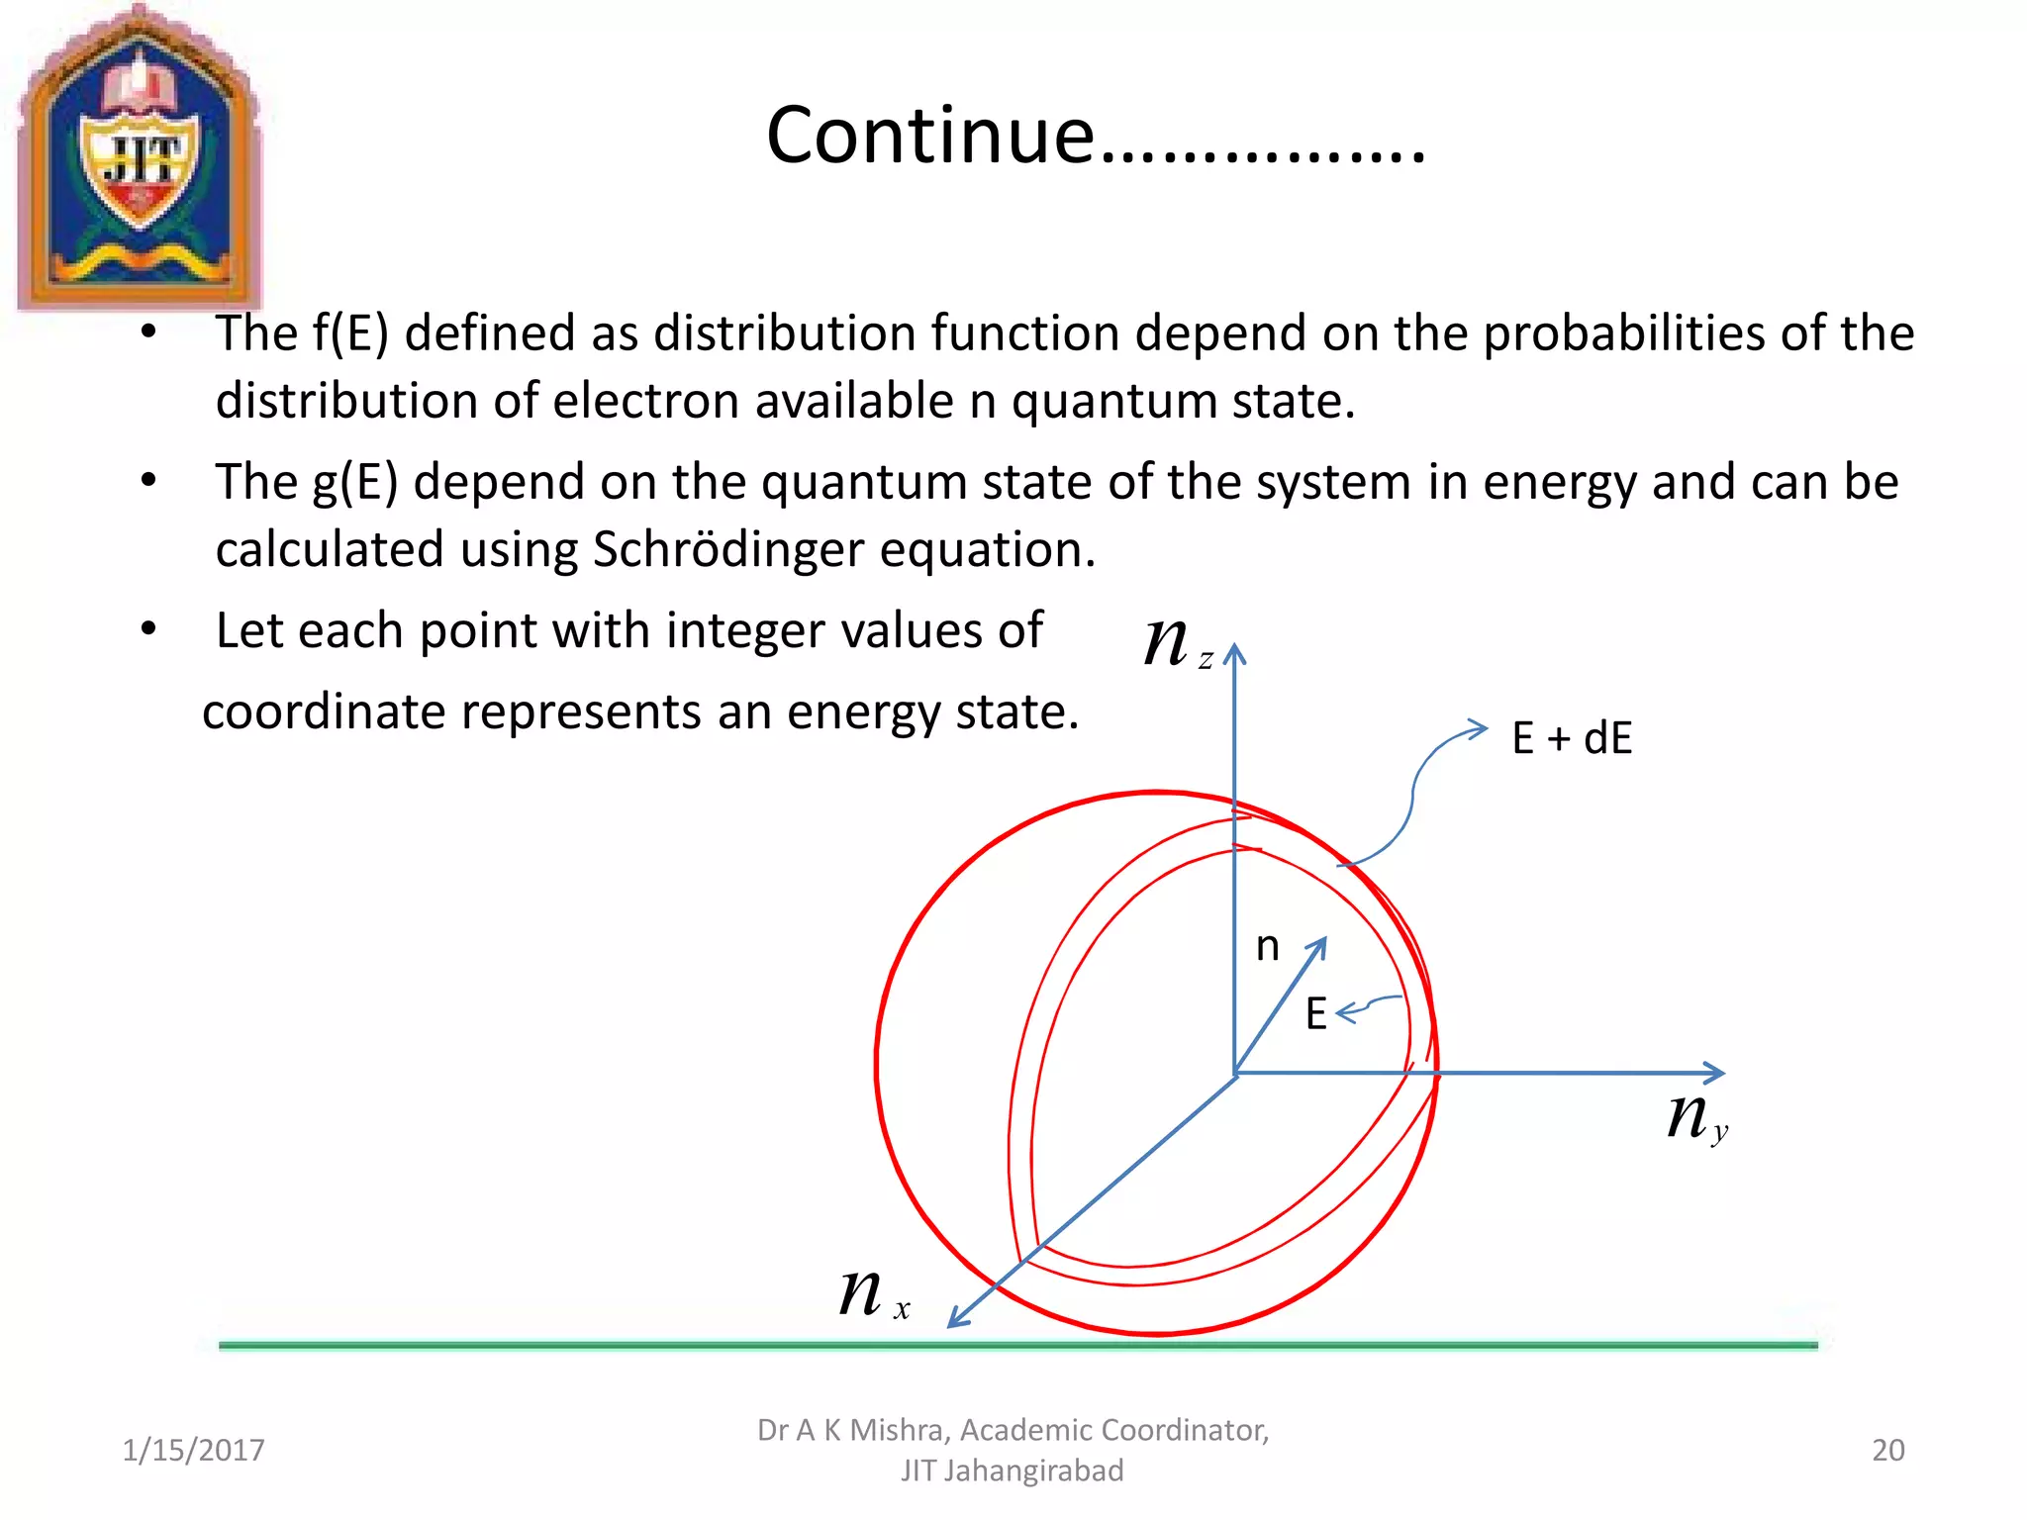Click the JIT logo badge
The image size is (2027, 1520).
click(x=139, y=158)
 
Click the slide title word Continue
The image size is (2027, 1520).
click(x=930, y=136)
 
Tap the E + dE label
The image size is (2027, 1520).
click(x=1572, y=738)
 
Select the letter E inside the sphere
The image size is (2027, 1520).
click(x=1315, y=1014)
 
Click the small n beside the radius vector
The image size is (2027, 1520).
click(x=1267, y=947)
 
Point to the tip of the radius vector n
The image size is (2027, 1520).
click(x=1322, y=943)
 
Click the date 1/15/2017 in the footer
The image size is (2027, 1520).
click(x=193, y=1450)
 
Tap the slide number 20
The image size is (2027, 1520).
click(x=1887, y=1450)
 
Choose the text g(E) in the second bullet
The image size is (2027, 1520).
click(x=355, y=482)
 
